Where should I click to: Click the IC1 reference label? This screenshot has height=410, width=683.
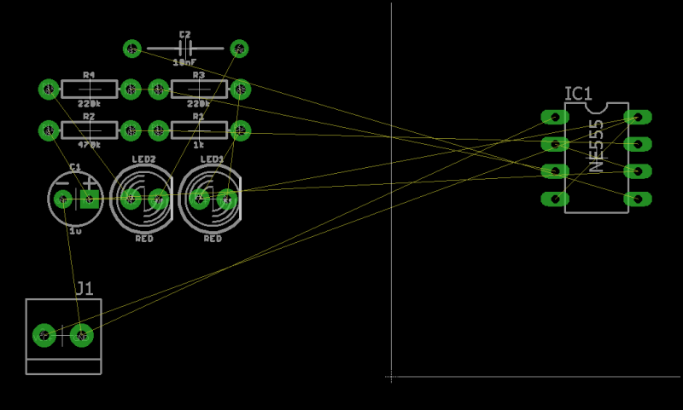578,94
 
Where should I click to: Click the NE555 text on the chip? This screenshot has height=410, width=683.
596,146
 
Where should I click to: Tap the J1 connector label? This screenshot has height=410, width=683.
85,288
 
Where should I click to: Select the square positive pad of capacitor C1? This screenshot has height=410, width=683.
89,199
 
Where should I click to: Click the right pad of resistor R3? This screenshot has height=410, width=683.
241,89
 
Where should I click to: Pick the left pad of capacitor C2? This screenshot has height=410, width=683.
132,49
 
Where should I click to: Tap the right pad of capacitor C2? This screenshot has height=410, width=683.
240,49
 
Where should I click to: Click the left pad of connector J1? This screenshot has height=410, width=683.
43,335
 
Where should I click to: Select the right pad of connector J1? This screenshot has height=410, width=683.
81,335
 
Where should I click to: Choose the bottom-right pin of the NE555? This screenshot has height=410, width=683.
637,199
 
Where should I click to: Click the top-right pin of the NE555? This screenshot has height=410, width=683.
637,117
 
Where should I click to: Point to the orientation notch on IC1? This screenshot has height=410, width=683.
596,107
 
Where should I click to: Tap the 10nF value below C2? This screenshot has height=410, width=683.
184,63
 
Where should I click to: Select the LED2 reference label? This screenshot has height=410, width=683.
143,159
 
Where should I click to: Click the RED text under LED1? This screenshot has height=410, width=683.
213,239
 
